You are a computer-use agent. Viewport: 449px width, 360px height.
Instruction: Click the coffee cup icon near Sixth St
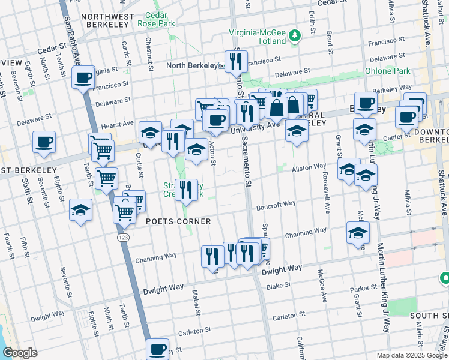[44, 142]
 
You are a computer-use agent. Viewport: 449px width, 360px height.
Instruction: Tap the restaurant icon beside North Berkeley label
[236, 61]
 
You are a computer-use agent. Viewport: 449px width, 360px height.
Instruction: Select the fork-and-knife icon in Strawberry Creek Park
[187, 190]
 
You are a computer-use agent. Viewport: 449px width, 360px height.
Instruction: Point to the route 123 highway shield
[123, 238]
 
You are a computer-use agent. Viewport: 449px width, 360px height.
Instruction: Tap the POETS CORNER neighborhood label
[179, 221]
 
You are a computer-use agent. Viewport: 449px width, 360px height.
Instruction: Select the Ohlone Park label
[388, 70]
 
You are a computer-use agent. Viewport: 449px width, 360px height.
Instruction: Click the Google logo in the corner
[20, 353]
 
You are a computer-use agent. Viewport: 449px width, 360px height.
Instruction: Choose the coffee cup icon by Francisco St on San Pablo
[83, 77]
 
